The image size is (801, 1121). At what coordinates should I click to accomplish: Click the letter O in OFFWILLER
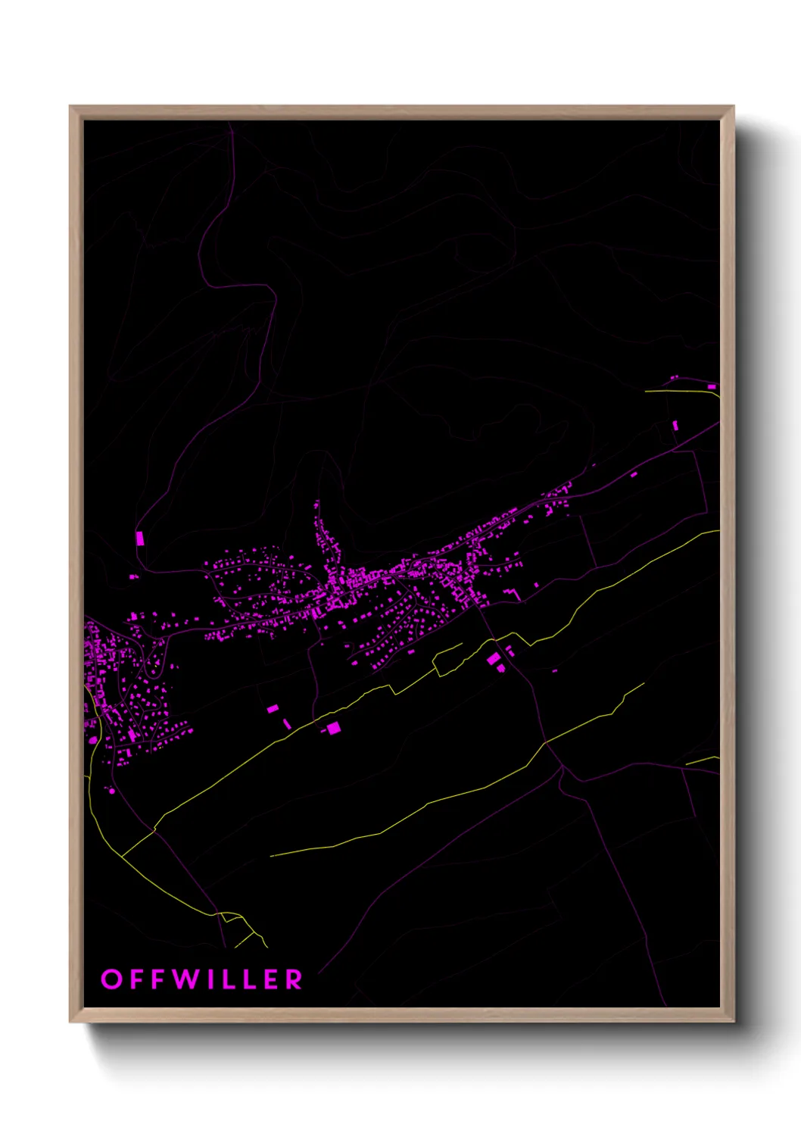[x=111, y=979]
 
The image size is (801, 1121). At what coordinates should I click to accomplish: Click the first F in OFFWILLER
[x=136, y=979]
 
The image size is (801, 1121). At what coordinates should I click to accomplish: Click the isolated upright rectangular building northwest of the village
[x=139, y=538]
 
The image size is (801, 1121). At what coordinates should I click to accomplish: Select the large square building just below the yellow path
[x=334, y=728]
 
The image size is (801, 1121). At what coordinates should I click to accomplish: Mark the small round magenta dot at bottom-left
[x=112, y=791]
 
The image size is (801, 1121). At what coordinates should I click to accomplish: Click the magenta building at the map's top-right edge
[x=712, y=386]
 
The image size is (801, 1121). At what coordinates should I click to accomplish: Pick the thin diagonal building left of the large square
[x=287, y=724]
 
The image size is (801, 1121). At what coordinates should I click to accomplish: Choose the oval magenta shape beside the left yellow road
[x=93, y=739]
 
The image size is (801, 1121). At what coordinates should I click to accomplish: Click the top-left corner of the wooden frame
[x=70, y=107]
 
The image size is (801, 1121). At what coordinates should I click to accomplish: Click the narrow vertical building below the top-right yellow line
[x=675, y=426]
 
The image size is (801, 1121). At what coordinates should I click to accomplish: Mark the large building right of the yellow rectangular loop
[x=494, y=659]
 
